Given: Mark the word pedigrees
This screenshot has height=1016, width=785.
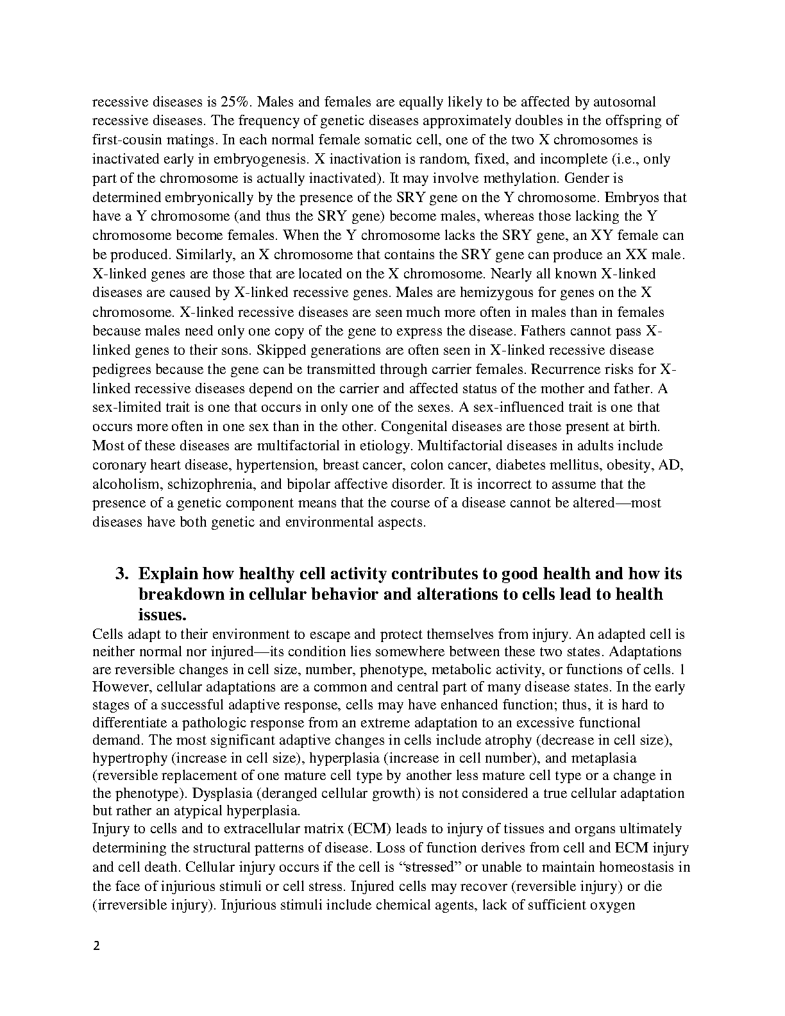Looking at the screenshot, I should pos(121,369).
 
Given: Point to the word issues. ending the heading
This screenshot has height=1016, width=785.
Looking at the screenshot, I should pos(162,614).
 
